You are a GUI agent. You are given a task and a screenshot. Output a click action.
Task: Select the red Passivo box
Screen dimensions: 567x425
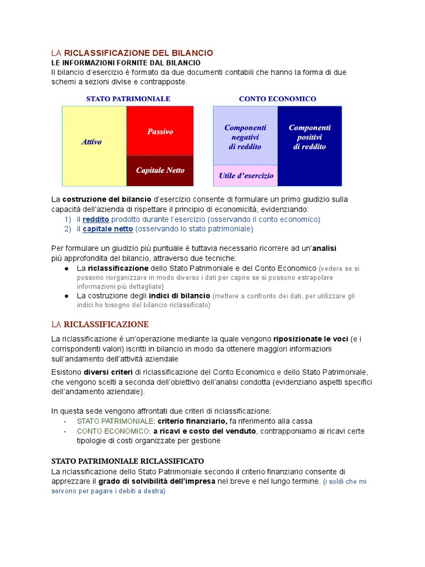coord(160,131)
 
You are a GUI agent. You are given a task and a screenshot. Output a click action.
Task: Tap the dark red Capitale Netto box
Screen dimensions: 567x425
coord(160,171)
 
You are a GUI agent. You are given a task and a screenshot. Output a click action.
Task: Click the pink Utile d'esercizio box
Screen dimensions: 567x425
coord(246,176)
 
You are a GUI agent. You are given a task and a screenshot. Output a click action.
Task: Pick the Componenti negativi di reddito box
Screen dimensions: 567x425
coord(245,137)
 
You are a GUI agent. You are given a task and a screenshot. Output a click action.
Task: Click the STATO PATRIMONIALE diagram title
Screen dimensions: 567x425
coord(128,99)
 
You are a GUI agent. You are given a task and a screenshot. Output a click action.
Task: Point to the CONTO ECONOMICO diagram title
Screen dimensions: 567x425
coord(277,99)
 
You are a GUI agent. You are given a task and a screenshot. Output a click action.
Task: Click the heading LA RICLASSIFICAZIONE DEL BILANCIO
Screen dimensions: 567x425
coord(132,53)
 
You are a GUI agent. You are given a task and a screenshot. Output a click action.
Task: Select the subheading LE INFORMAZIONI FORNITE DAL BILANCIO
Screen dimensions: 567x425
coord(126,63)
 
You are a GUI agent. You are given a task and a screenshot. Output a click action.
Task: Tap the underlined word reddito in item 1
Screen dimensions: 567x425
coord(96,219)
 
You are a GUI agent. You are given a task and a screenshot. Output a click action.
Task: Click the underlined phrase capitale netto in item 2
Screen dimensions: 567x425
coord(107,229)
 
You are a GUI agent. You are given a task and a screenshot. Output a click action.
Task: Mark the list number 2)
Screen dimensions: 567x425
coord(68,229)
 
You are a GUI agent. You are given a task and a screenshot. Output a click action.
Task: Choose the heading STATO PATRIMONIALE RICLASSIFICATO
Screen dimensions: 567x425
coord(127,461)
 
